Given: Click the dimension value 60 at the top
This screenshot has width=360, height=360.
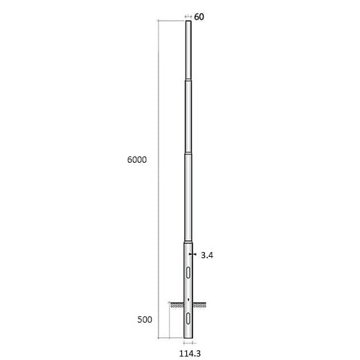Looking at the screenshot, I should (199, 17).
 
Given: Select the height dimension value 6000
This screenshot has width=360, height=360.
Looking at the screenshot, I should (136, 159).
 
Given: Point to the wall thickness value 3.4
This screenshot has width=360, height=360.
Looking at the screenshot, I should (206, 255).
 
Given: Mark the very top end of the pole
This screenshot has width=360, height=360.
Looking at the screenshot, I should (188, 21).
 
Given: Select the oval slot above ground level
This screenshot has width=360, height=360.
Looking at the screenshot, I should (188, 271).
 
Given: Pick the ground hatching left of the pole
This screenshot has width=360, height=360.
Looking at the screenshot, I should (177, 304).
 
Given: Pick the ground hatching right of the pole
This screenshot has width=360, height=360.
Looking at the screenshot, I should (199, 304).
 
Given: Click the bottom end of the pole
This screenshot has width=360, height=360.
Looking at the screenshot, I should (188, 339).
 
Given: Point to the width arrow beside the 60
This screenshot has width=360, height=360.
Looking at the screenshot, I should (188, 17).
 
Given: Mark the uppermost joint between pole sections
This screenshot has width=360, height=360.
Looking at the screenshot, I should (188, 81).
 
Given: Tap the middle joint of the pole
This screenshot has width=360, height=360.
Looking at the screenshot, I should (188, 154).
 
